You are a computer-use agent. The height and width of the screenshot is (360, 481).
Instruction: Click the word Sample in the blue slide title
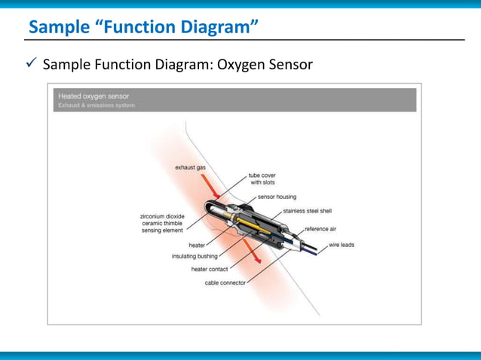point(57,28)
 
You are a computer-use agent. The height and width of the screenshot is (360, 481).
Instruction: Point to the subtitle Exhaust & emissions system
point(97,105)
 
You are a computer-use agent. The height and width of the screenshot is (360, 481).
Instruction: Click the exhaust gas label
point(191,168)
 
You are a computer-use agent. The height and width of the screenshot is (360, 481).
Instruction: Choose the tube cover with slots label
point(262,179)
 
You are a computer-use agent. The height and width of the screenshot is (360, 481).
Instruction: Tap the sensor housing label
point(277,196)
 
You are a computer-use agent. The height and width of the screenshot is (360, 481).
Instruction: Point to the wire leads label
point(342,245)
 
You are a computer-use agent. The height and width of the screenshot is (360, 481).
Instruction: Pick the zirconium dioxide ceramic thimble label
point(163,222)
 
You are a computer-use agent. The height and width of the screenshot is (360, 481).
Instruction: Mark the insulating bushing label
point(195,257)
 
